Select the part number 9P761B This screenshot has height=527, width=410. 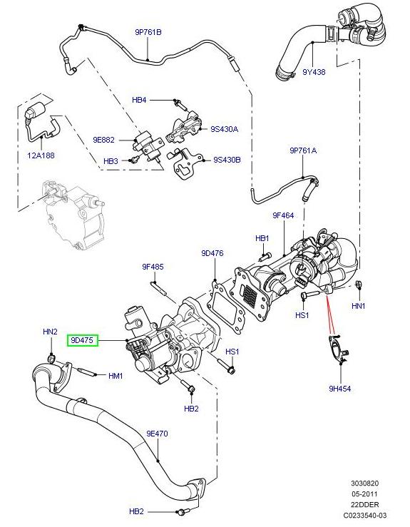coord(148,32)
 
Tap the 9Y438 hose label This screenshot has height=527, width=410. coord(314,72)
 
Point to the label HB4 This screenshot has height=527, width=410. coord(139,101)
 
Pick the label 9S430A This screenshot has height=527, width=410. coord(225,129)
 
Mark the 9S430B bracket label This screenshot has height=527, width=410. coord(227,160)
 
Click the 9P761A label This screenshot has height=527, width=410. coord(303,150)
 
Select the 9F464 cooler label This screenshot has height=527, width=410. coord(283,215)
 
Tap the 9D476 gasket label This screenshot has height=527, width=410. coord(212,252)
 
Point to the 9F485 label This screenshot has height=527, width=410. coord(153,267)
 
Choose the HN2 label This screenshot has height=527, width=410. coord(50,332)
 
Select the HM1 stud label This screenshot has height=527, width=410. coord(116,376)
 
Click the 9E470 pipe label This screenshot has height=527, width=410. coord(157,433)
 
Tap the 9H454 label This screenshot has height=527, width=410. coord(339,389)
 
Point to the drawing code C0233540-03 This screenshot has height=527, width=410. coord(364,514)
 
